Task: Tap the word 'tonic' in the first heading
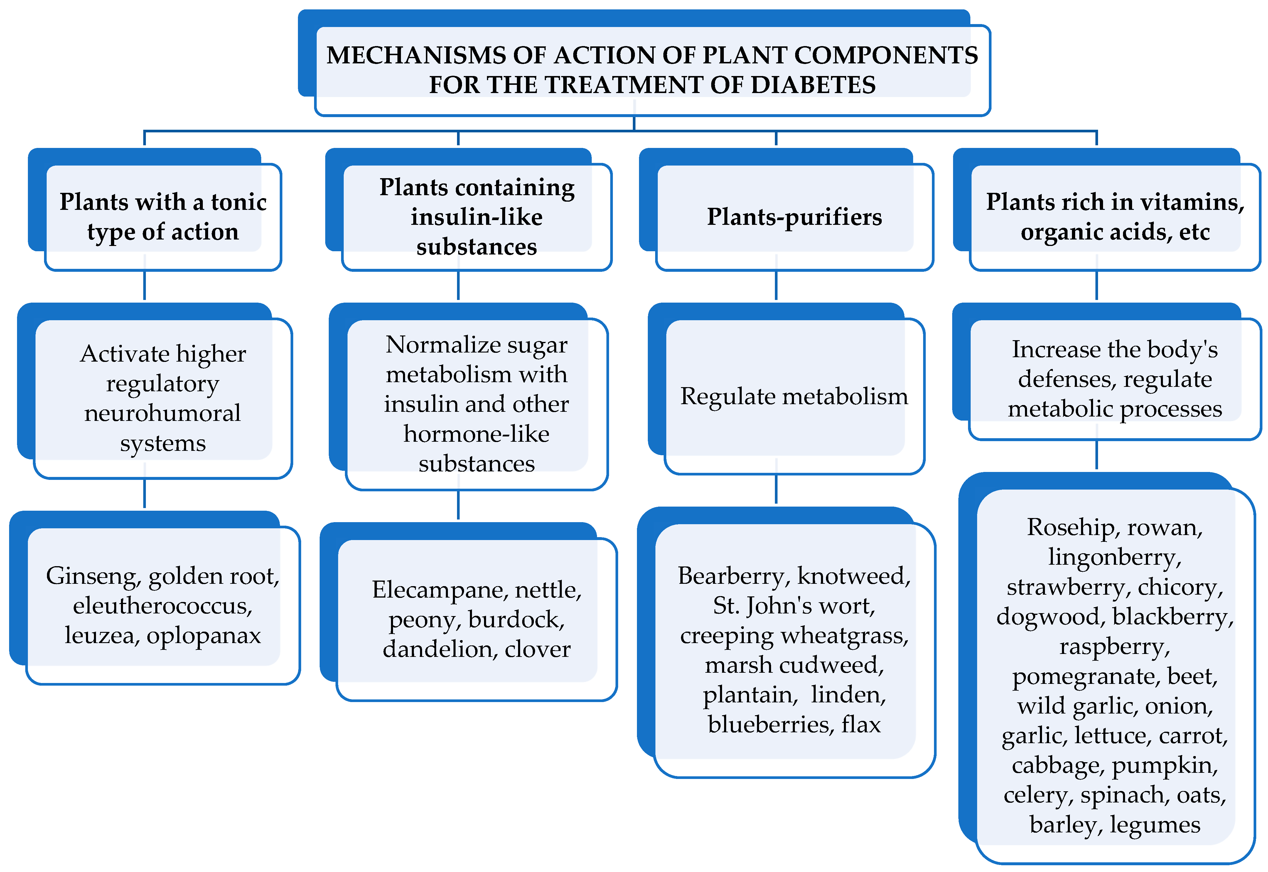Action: [239, 202]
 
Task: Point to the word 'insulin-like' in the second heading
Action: [476, 217]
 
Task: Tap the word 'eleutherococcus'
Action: [162, 605]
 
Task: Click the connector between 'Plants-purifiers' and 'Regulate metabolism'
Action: [776, 285]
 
